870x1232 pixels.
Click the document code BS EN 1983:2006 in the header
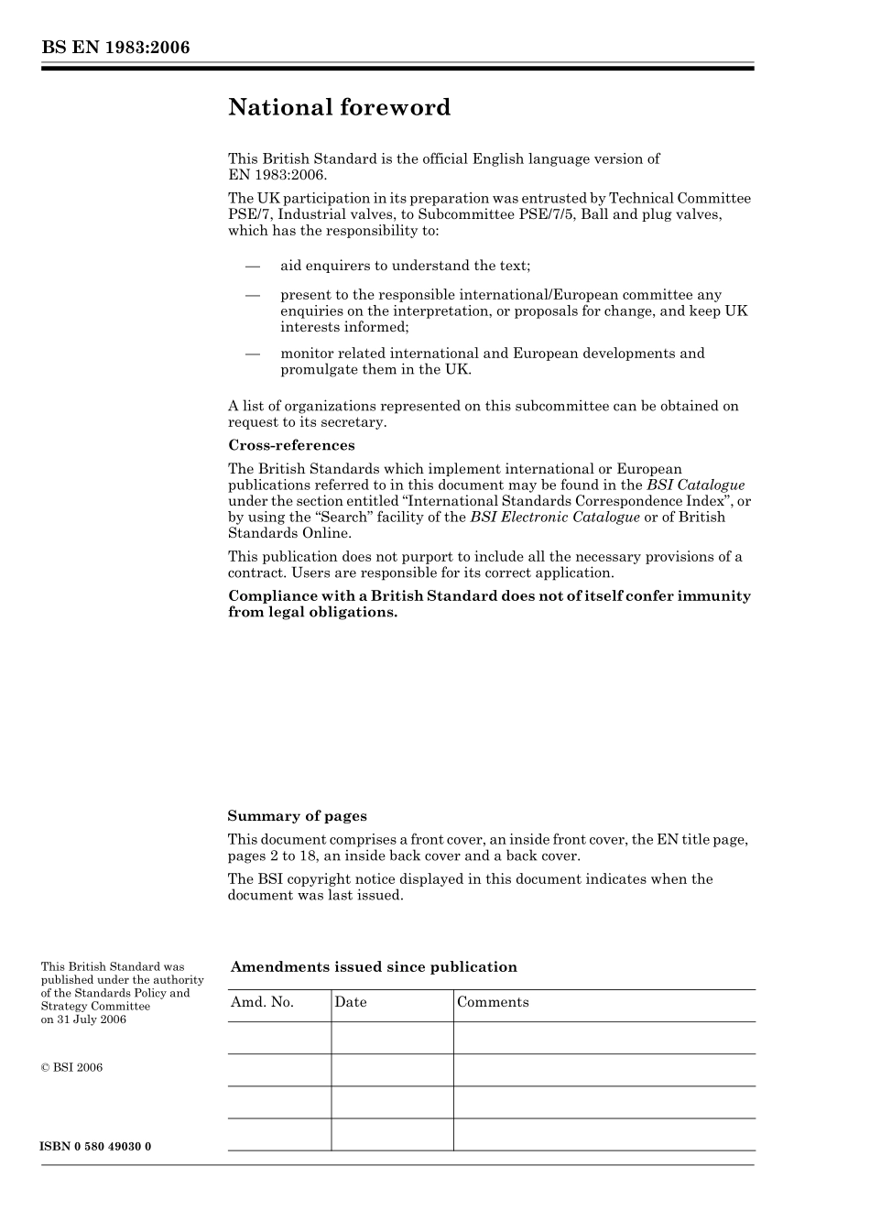(115, 48)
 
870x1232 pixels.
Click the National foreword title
(339, 107)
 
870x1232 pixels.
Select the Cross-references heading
(291, 445)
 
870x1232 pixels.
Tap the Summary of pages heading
(297, 816)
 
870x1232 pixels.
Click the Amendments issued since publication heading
(374, 967)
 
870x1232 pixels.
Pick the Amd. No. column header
(262, 1002)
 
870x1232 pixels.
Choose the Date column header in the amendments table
(350, 1002)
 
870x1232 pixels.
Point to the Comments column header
(493, 1002)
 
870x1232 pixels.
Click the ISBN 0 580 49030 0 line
(96, 1147)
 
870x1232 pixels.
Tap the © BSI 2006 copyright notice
(71, 1067)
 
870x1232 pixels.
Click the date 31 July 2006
(92, 1019)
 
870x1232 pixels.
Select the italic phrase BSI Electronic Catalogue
(555, 517)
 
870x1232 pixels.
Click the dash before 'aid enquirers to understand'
(253, 266)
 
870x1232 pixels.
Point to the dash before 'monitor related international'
(253, 354)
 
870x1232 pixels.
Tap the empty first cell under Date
(392, 1038)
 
